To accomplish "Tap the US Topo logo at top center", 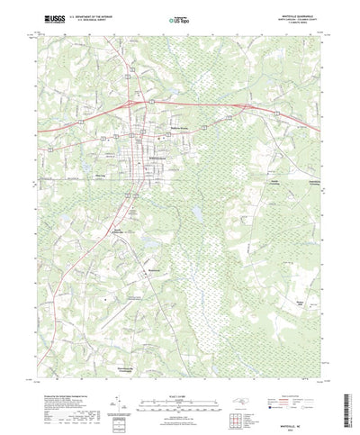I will click(181, 17).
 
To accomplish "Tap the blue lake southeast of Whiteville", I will click(195, 213).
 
